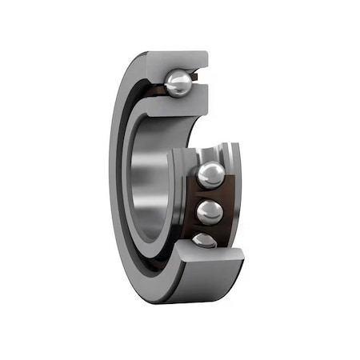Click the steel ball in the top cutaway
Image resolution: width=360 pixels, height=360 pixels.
[178, 82]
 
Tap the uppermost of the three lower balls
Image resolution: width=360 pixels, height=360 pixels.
[210, 175]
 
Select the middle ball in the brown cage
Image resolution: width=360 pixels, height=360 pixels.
[210, 212]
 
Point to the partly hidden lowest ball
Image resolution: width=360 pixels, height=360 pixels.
[204, 240]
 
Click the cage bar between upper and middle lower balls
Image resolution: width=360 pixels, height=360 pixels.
[210, 194]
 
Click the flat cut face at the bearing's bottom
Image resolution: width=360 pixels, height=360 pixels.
[212, 258]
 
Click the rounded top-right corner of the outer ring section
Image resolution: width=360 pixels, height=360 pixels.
[205, 55]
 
